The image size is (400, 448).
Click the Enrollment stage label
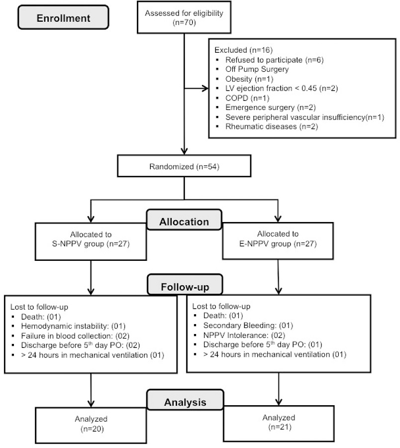point(63,18)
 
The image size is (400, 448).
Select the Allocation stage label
point(184,221)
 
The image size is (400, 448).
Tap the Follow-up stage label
point(184,287)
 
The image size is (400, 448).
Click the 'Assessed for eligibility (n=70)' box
point(185,18)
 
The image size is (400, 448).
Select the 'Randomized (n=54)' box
point(185,166)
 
